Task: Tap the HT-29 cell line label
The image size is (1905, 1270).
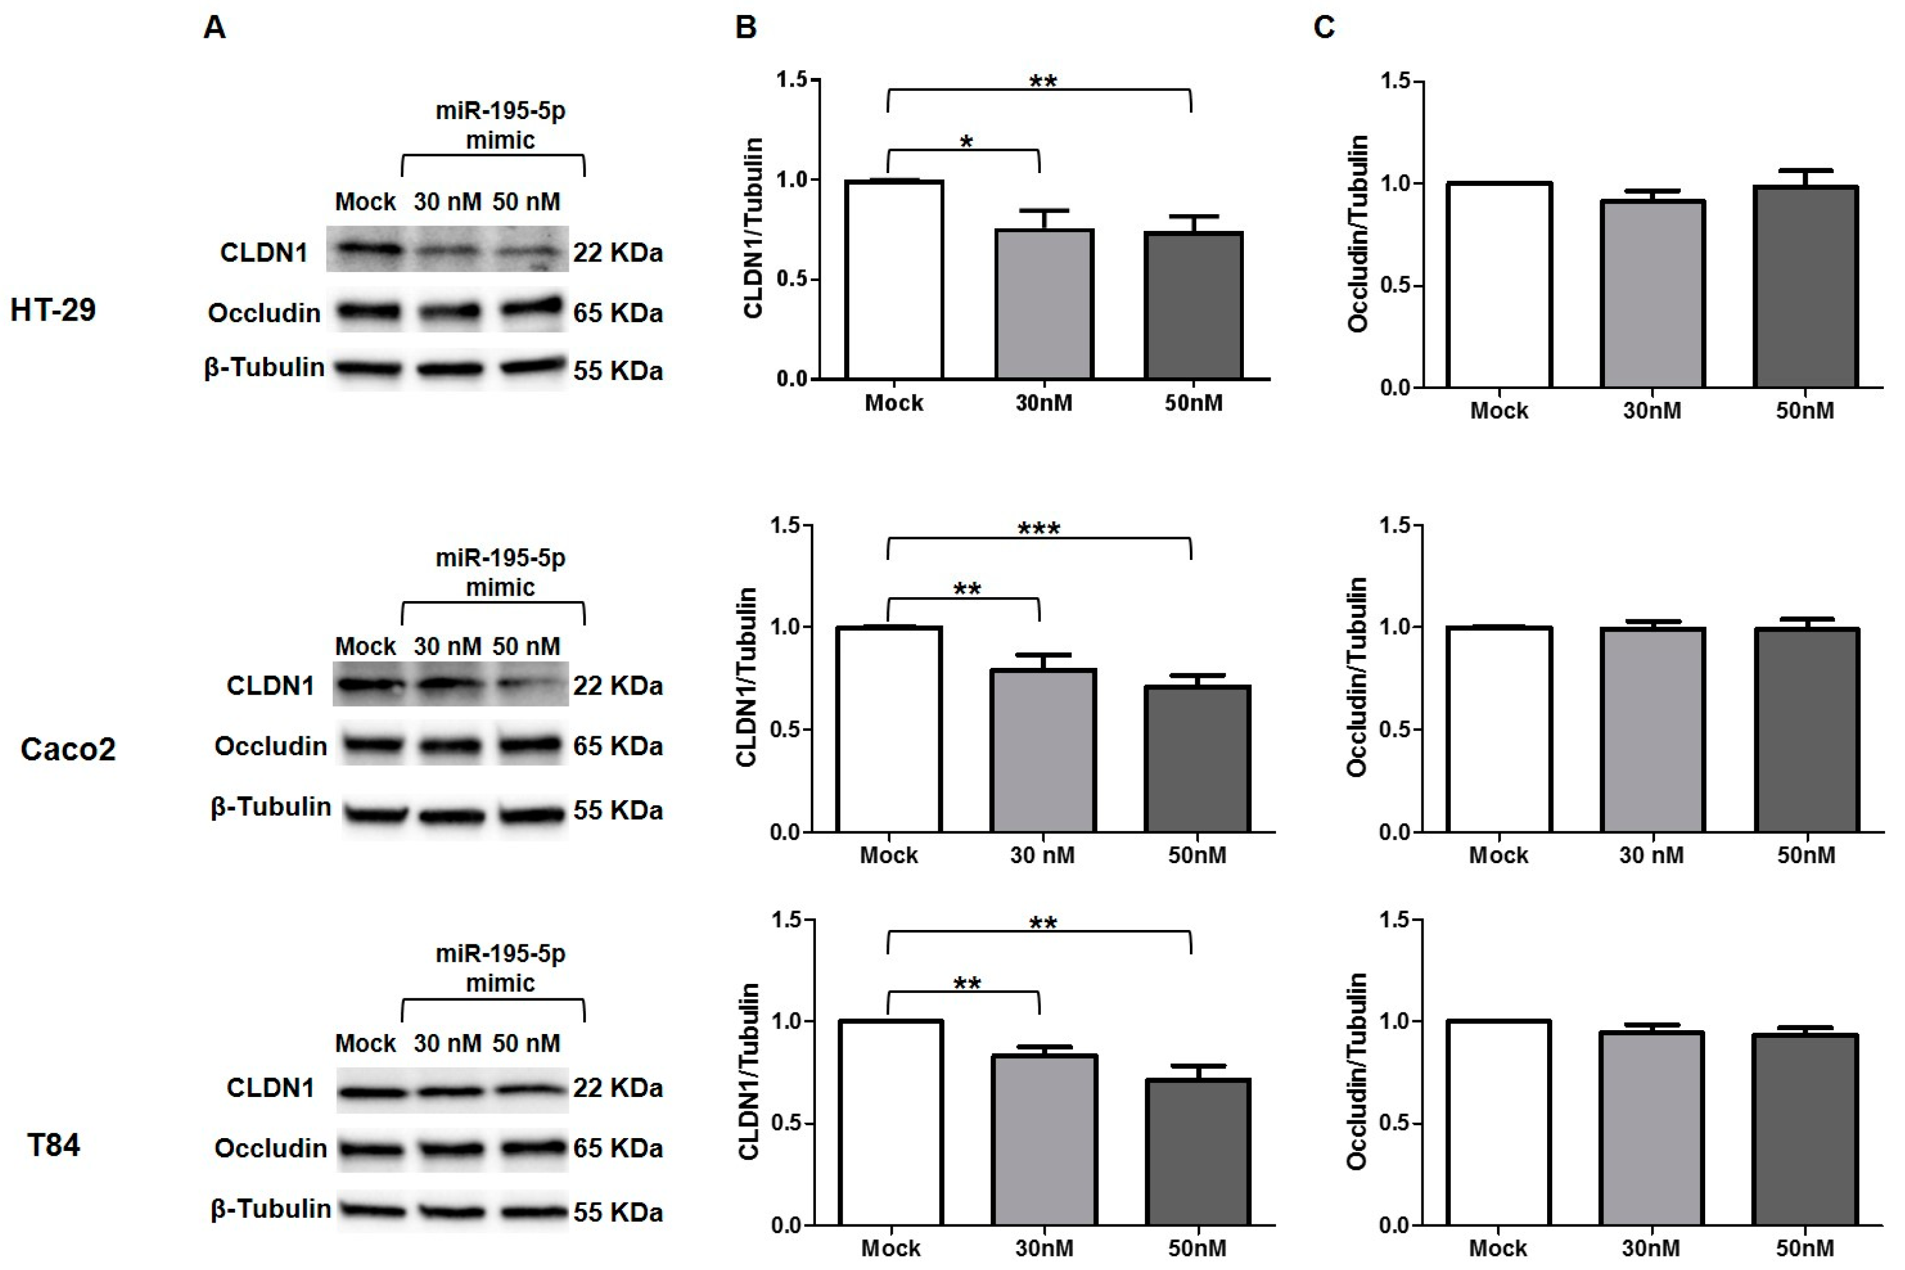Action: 53,309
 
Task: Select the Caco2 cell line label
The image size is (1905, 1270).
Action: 68,749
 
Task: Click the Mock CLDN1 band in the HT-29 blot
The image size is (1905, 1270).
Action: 368,249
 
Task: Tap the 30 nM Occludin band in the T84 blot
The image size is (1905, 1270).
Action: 450,1149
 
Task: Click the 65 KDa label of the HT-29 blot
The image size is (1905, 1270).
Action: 617,313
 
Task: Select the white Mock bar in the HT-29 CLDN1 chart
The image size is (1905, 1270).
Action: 894,279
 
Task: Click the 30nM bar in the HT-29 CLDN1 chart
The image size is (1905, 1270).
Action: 1044,304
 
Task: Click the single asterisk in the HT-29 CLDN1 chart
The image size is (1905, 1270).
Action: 966,142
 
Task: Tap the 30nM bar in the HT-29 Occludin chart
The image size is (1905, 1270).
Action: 1652,293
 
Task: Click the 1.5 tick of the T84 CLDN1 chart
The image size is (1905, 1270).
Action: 787,920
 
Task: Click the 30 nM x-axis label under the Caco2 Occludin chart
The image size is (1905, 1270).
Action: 1651,855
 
